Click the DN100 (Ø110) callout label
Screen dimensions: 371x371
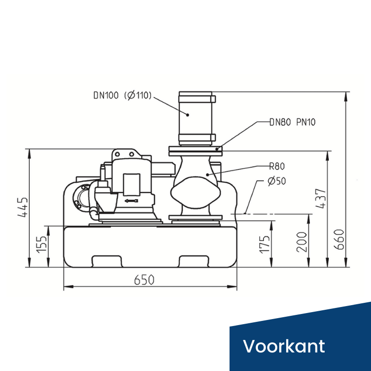point(122,96)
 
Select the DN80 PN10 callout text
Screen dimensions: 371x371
point(293,123)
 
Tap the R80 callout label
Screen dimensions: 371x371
point(276,166)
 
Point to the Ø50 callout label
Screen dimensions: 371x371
point(277,180)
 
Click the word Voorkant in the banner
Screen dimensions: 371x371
point(284,346)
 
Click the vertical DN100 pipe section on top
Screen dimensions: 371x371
point(196,115)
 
